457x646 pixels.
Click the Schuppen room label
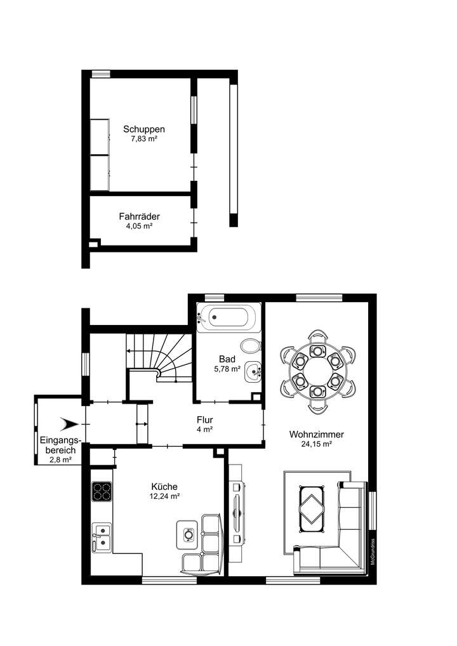[139, 129]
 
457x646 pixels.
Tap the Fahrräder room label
[139, 216]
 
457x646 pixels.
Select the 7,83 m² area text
[139, 138]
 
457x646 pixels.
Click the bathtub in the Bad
[228, 318]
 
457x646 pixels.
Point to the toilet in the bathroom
[253, 346]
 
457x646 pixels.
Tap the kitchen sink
[101, 536]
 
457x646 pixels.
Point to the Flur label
[204, 419]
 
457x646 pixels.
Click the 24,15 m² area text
[316, 444]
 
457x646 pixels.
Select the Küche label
[164, 487]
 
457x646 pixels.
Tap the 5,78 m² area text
[227, 369]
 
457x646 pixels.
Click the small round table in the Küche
[188, 534]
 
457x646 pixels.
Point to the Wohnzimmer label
[316, 435]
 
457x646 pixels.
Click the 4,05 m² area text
[139, 225]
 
